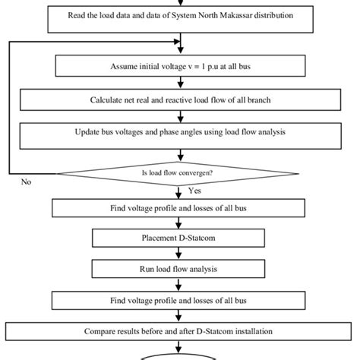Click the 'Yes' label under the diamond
(194, 193)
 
